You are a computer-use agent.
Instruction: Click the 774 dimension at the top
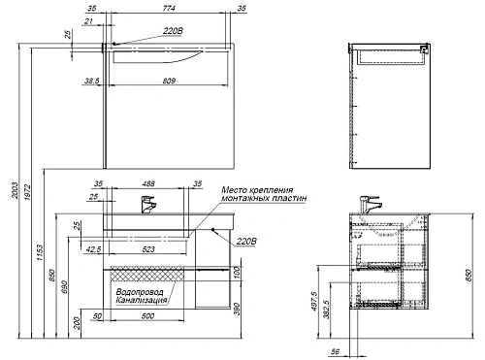[x=169, y=8]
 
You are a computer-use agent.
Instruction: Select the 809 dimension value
[x=169, y=81]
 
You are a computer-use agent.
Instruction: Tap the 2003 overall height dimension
[x=15, y=190]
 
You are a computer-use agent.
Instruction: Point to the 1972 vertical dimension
[x=27, y=192]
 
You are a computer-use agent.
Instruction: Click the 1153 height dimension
[x=40, y=252]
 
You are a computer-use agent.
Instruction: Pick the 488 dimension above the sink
[x=148, y=183]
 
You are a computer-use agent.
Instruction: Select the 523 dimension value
[x=148, y=249]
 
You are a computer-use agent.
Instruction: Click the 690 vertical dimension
[x=64, y=287]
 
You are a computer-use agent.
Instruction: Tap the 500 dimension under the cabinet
[x=147, y=316]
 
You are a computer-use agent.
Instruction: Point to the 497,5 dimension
[x=314, y=301]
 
